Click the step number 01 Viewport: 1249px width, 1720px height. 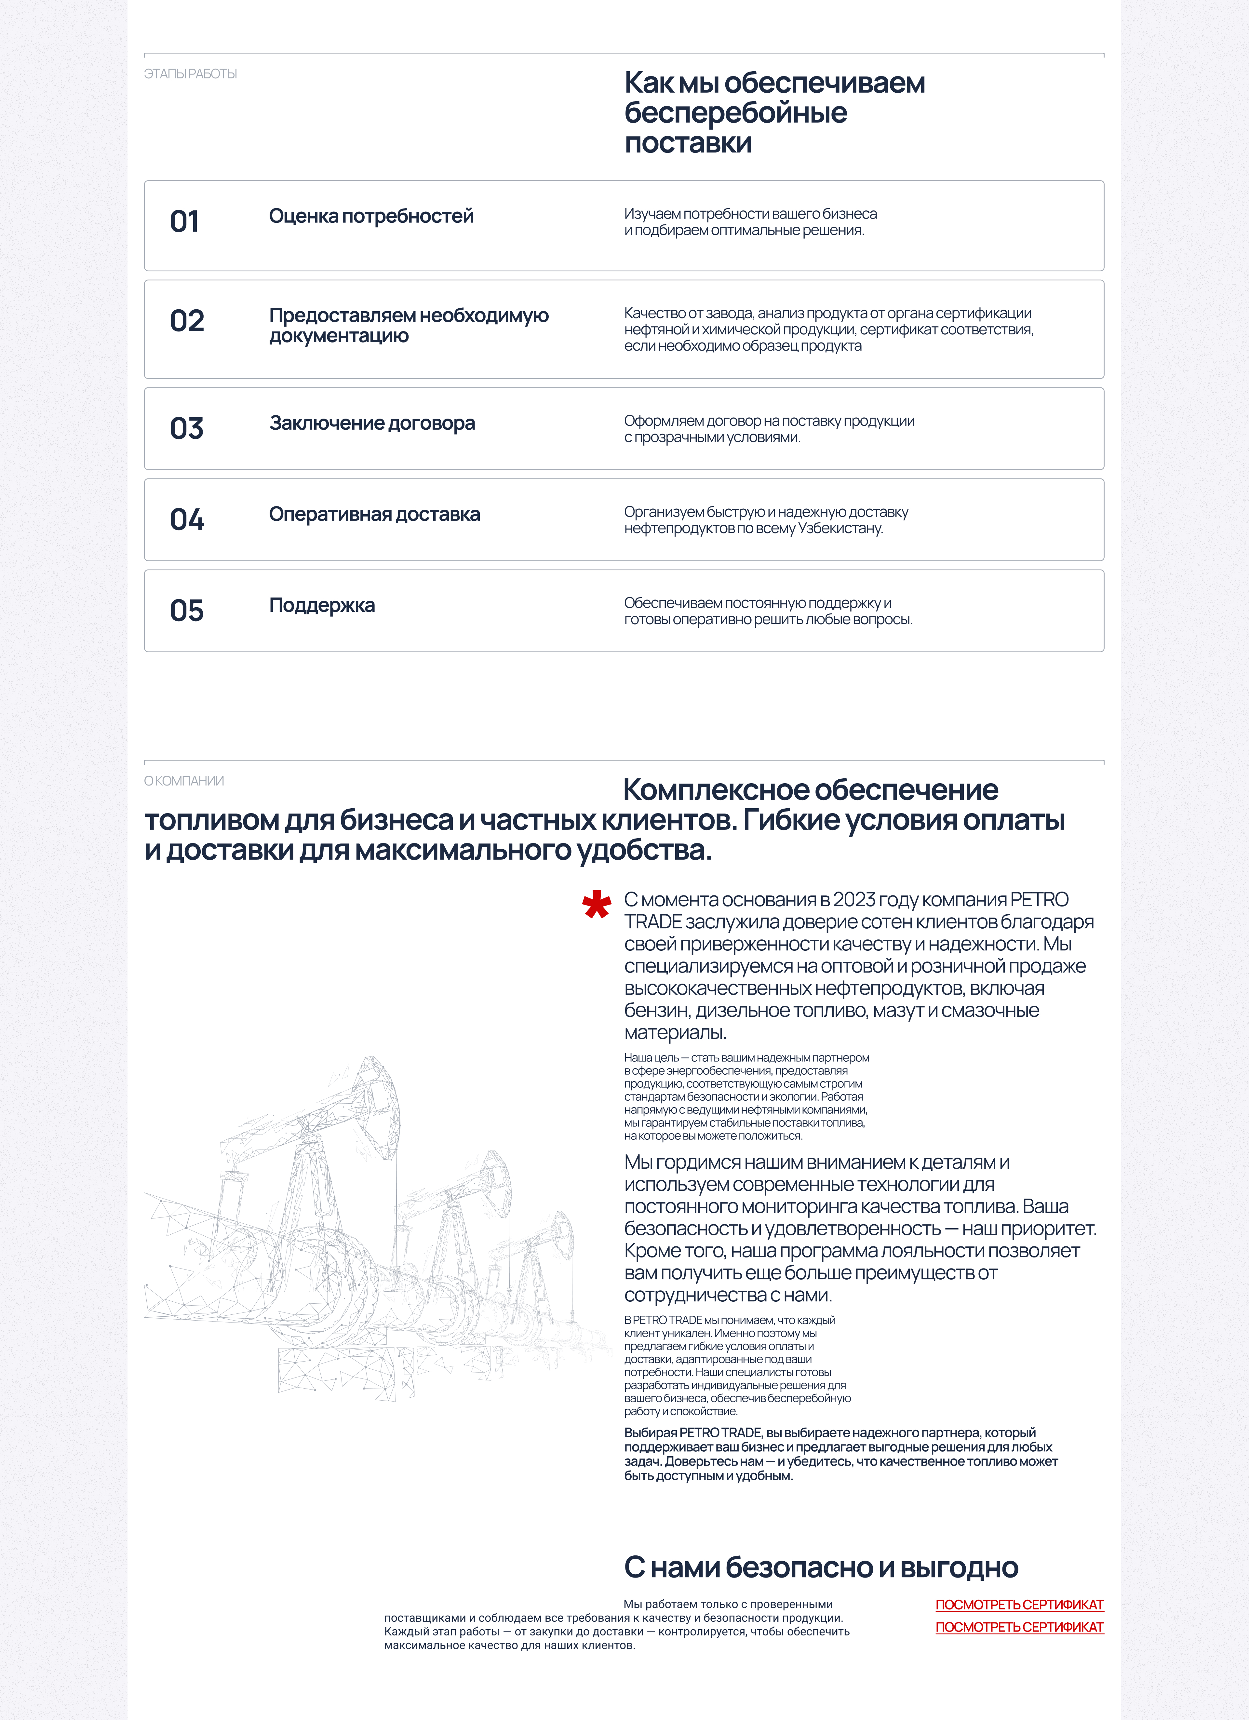184,222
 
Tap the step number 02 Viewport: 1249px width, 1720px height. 187,321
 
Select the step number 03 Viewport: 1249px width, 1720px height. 187,428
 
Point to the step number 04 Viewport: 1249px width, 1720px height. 187,519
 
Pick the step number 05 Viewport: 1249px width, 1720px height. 187,611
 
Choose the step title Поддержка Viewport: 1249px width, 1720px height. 322,605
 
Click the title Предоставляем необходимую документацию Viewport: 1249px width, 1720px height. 409,325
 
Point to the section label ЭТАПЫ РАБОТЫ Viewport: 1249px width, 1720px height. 190,74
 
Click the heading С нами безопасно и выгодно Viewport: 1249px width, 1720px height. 821,1567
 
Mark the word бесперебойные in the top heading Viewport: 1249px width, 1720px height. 736,113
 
